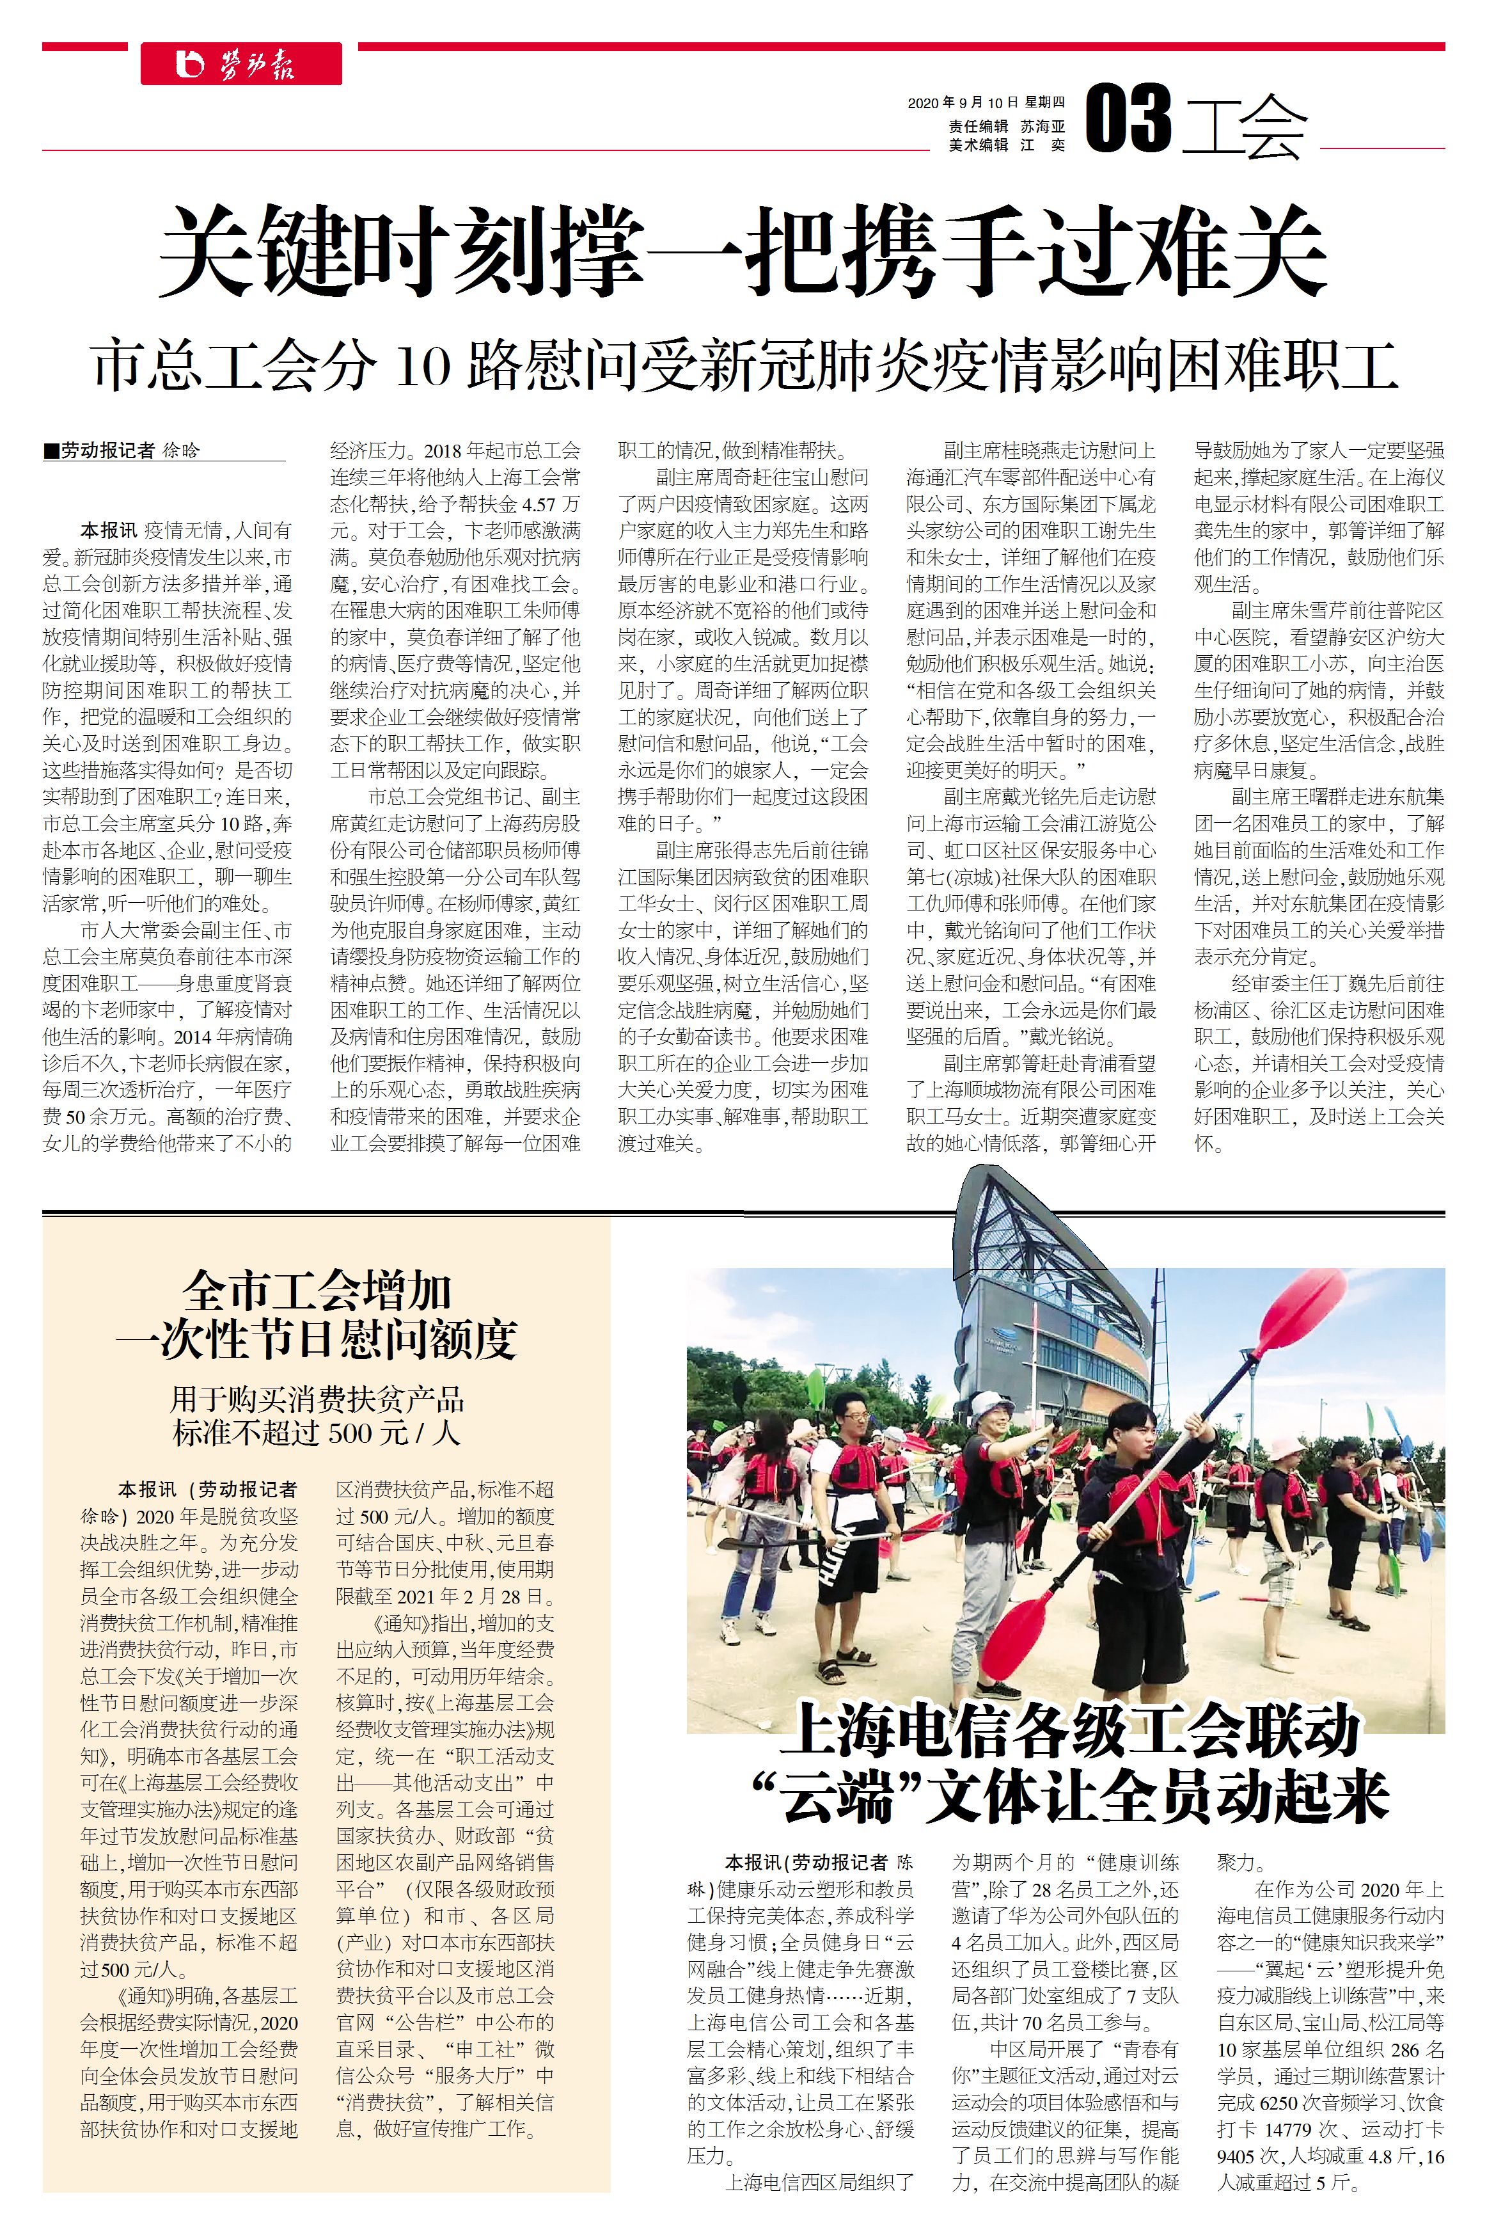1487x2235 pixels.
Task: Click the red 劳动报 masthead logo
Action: (241, 65)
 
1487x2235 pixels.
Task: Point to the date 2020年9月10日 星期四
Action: (986, 102)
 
